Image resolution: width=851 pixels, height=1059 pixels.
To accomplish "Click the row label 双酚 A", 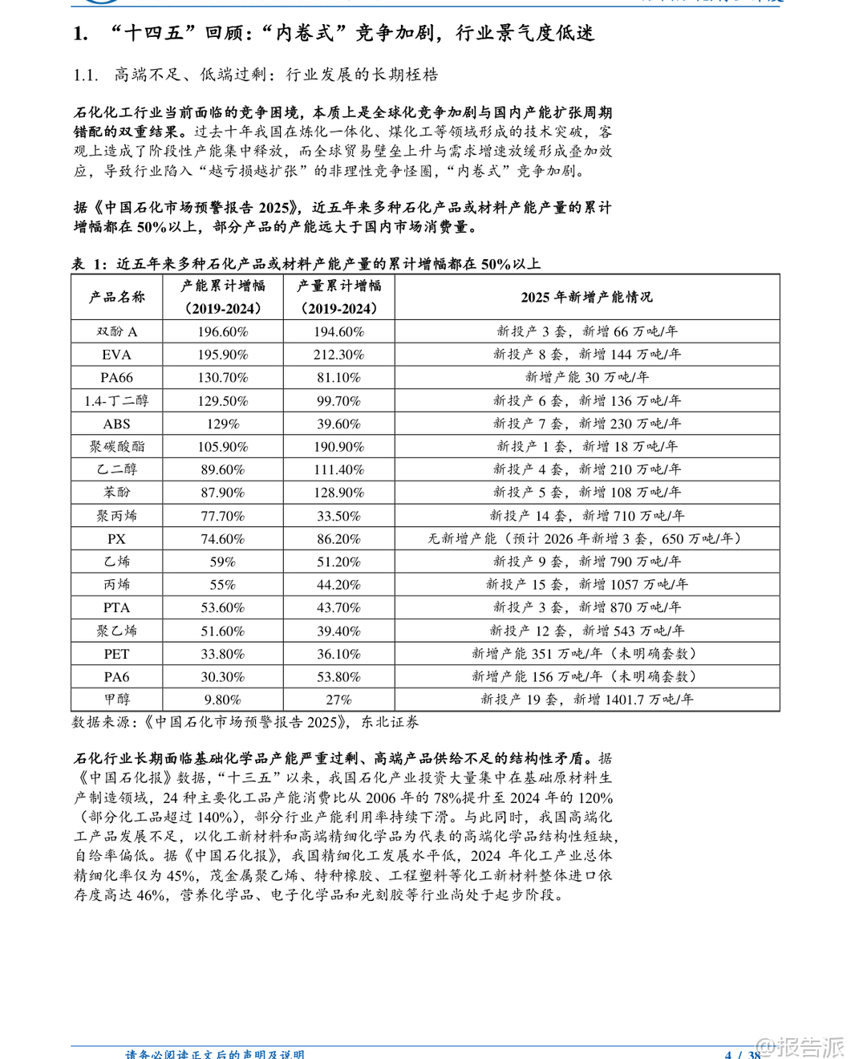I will (x=116, y=331).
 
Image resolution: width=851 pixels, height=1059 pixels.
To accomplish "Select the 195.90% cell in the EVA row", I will (x=222, y=355).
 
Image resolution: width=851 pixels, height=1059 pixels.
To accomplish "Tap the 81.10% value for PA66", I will (x=338, y=377).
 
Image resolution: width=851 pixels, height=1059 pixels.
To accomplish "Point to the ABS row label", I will (x=116, y=424).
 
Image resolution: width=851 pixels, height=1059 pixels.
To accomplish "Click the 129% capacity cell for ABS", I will (x=222, y=424).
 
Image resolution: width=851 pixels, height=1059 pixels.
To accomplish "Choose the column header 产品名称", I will (x=116, y=297).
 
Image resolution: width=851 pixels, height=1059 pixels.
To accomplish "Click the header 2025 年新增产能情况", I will (x=586, y=297).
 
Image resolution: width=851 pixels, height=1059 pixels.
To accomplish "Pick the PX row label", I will (x=116, y=539).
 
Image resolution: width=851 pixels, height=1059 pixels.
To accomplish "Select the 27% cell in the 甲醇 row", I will (x=338, y=700).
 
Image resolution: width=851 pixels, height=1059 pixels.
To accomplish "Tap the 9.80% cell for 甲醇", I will (x=222, y=700).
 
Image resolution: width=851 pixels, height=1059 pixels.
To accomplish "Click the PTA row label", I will (x=116, y=607).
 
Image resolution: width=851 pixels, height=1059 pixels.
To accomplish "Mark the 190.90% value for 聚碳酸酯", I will (x=338, y=447).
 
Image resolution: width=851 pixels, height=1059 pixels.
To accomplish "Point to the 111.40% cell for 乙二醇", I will (x=338, y=469).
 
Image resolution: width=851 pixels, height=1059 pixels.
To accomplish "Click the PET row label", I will (x=116, y=654).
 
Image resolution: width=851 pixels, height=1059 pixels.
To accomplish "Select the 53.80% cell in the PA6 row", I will (x=338, y=677).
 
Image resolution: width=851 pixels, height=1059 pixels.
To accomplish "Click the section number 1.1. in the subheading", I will (x=86, y=75).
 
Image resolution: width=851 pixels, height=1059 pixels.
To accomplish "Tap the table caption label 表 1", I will (x=89, y=264).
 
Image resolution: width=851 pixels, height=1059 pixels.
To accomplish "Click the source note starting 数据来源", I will (x=245, y=722).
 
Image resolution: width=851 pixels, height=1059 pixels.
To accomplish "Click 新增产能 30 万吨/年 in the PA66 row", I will (x=586, y=377).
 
